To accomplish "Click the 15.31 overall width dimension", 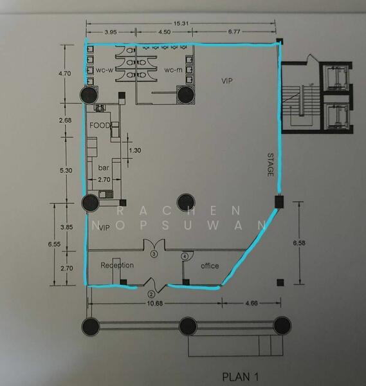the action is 181,24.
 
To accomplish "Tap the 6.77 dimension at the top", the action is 234,32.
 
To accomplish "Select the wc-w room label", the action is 105,70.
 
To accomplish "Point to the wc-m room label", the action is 173,70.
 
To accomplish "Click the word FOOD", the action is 100,125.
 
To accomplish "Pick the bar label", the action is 104,168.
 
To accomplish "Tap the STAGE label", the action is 270,165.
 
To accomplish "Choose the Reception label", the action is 117,265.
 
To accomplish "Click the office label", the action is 210,266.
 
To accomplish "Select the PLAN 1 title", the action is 240,376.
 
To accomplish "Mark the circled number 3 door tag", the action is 154,253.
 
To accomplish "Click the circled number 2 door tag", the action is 151,294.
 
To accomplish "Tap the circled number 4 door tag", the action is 185,256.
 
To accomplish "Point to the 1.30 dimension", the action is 135,150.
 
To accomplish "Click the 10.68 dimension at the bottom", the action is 155,303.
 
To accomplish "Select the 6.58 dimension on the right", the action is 299,243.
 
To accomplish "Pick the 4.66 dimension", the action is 252,303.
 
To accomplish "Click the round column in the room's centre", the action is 186,203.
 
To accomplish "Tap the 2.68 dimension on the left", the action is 65,120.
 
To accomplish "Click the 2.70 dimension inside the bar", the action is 104,179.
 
